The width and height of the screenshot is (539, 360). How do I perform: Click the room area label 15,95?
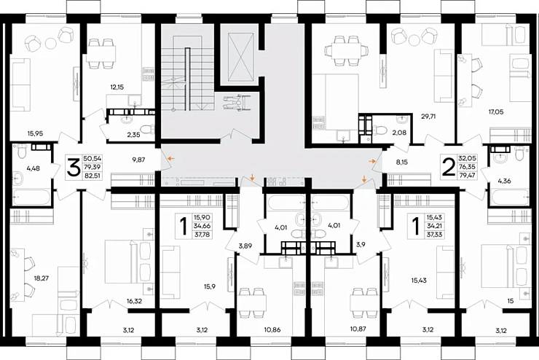tap(36, 133)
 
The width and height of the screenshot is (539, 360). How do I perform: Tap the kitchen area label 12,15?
tap(117, 87)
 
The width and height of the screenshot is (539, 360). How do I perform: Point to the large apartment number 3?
tap(73, 168)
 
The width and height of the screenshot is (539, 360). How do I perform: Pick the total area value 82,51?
tap(93, 177)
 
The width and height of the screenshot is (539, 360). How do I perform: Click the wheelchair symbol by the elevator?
tap(237, 102)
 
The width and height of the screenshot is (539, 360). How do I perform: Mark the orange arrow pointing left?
tap(171, 159)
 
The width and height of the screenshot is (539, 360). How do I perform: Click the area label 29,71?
tap(428, 116)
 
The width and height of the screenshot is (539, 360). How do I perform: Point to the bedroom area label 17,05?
tap(496, 111)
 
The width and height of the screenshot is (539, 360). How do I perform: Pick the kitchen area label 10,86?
tap(273, 329)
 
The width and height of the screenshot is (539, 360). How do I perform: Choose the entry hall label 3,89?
tap(245, 246)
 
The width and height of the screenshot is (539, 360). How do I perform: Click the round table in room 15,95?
tap(51, 43)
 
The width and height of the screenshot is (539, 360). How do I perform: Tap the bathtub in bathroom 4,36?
tap(510, 197)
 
